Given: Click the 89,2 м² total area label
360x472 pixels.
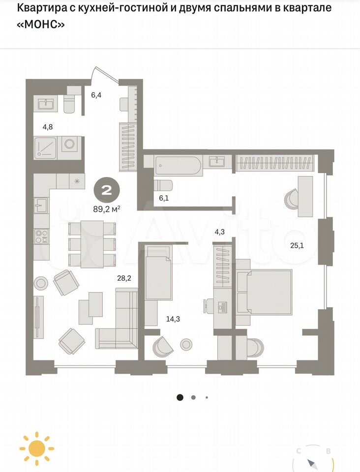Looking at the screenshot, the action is (107, 209).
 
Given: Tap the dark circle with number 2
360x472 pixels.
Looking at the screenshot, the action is (107, 190).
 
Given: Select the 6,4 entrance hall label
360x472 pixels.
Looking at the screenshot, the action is (96, 95).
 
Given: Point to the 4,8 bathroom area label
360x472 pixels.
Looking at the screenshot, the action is (48, 127).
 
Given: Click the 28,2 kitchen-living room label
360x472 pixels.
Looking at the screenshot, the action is (124, 278).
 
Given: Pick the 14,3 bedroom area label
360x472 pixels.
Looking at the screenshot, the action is (173, 319).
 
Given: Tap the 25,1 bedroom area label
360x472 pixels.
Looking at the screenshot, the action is (297, 246).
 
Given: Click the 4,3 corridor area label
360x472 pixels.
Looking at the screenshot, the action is (219, 232).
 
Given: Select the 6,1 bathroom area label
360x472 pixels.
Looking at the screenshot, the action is (164, 198).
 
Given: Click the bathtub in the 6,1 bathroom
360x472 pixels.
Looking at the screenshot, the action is (177, 166).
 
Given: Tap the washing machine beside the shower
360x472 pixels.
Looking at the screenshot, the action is (69, 144).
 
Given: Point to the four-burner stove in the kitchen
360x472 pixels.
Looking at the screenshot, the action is (41, 236).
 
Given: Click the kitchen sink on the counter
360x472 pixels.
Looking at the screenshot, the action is (41, 206).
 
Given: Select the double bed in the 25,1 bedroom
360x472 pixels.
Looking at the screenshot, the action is (264, 292).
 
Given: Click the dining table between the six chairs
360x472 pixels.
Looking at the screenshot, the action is (92, 244).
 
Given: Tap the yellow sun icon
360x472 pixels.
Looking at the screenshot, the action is (37, 448).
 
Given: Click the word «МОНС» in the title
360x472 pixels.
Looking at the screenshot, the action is (41, 24).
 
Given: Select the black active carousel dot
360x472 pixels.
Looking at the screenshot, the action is (180, 397).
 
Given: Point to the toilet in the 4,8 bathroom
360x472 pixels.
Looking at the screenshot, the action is (70, 102).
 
